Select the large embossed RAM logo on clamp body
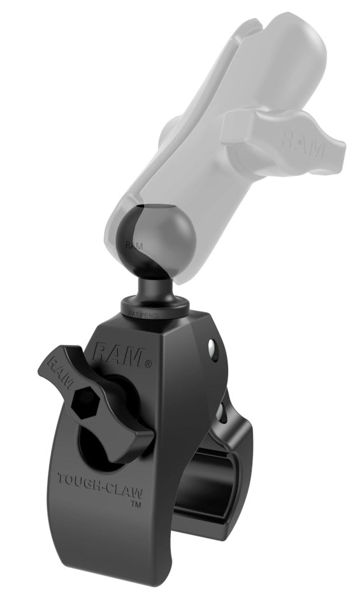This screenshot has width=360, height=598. pyautogui.click(x=119, y=355)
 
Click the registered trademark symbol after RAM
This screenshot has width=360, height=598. pyautogui.click(x=148, y=365)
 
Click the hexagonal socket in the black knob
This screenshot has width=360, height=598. pyautogui.click(x=85, y=402)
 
